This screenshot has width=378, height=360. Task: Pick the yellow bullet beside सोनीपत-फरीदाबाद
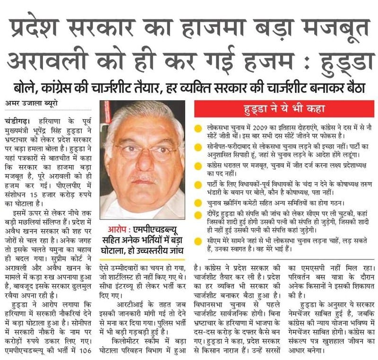click(x=198, y=147)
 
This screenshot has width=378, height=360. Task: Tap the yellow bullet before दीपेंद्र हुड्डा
click(x=198, y=215)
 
